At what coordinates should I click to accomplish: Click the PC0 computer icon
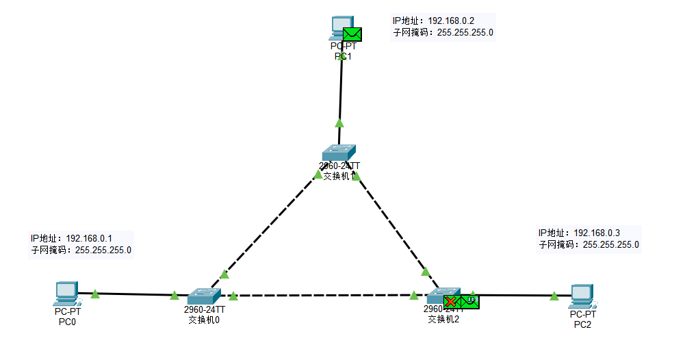click(66, 293)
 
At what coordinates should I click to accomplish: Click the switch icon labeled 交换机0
click(204, 296)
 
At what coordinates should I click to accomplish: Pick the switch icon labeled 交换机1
click(339, 153)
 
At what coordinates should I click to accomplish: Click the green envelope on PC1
click(352, 34)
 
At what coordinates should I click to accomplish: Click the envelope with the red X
click(452, 301)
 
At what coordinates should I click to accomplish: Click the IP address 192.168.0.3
click(596, 233)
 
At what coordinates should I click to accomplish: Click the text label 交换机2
click(443, 318)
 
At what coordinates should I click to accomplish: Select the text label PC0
click(66, 321)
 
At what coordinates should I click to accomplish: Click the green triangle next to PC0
click(95, 294)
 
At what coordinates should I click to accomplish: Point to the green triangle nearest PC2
click(554, 296)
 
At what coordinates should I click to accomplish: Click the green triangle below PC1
click(339, 123)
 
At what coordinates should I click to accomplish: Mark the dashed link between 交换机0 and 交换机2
click(322, 296)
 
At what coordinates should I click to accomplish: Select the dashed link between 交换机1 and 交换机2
click(391, 222)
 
